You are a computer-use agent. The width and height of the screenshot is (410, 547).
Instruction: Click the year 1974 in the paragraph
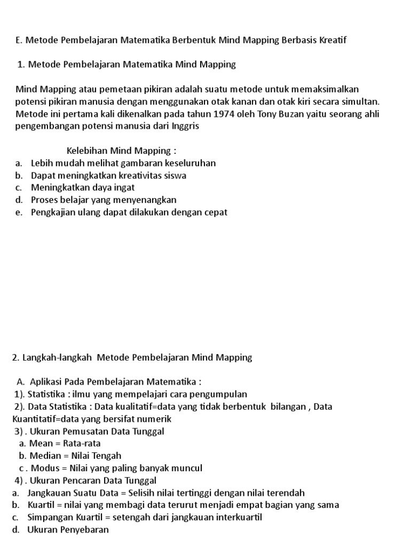[x=224, y=114]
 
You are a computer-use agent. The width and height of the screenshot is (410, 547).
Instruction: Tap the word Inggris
[x=183, y=126]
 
